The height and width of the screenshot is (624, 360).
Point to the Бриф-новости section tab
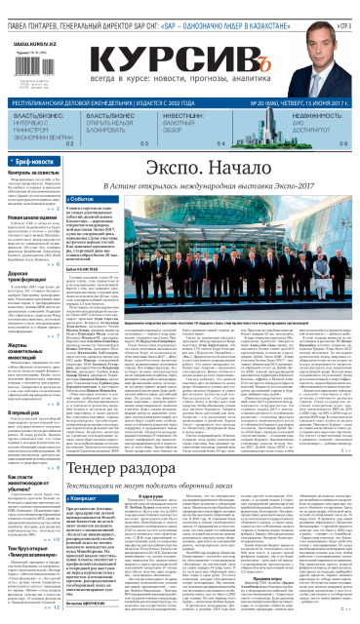coord(35,160)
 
